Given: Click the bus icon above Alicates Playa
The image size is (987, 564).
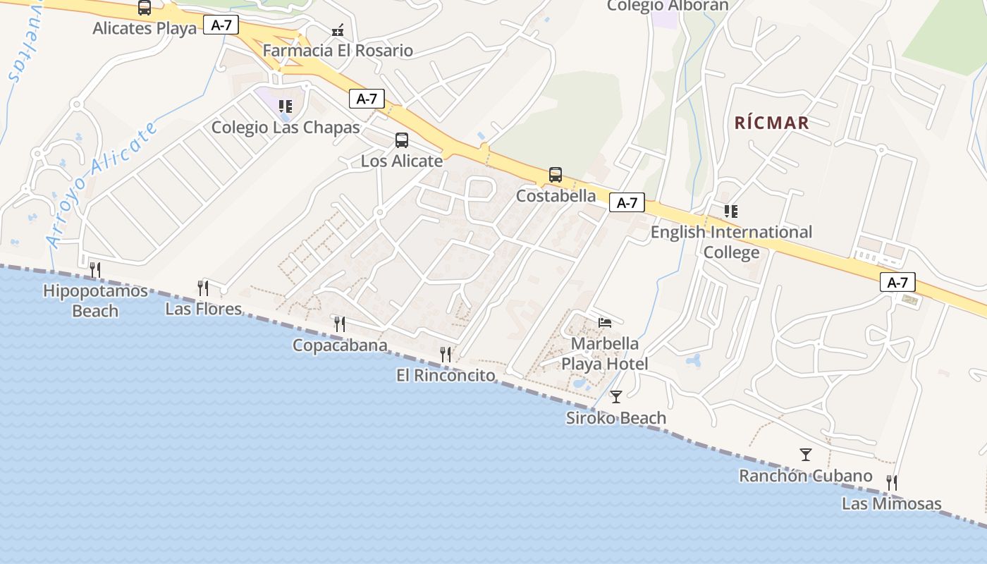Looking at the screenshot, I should pos(145,8).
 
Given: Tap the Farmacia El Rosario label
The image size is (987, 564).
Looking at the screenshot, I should pos(338,51).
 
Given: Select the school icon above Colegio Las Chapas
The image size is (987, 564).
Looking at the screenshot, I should pos(286,106).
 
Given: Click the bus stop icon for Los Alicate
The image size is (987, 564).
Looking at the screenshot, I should pos(402,140).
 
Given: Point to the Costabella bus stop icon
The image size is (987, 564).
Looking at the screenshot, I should pos(556,175).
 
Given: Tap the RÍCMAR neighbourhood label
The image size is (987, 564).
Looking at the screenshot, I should pos(771,123).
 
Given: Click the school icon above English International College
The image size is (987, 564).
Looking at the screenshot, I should pos(731,211).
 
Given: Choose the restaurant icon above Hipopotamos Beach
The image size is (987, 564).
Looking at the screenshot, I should pos(95,269).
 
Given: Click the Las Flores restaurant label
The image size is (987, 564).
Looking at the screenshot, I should pos(203,309).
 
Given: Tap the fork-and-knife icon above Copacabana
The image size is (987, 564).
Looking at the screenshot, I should pos(340,324).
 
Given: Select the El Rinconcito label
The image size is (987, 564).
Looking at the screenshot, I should pos(446,375).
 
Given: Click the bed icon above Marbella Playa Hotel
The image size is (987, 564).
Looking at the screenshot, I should pos(605,323).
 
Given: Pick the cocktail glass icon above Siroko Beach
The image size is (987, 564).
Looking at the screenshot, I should pos(616,397).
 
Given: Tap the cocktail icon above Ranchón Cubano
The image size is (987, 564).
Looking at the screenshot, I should pos(806,455).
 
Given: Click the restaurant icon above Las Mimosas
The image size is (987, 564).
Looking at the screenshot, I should pos(892,483).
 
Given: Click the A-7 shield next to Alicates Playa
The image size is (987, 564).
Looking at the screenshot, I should pos(221,25).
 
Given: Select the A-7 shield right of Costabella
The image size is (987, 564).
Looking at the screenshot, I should pos(627,203).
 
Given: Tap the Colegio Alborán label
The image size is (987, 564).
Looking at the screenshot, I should pos(668,6).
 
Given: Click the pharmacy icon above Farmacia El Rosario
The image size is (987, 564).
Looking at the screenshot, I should pos(338,30).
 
